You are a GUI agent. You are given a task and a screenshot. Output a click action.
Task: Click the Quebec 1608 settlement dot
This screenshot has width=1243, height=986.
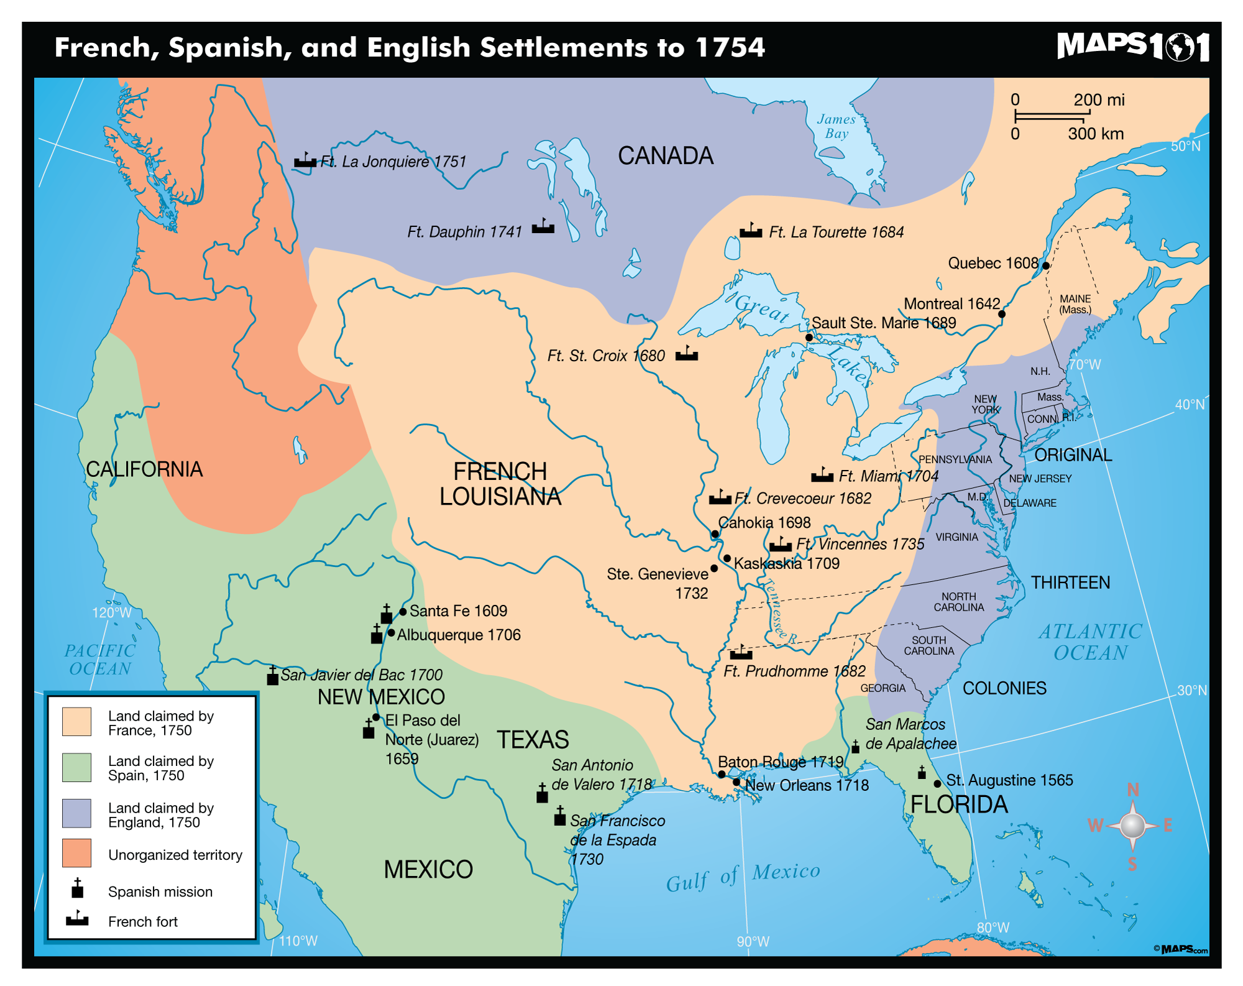1046,265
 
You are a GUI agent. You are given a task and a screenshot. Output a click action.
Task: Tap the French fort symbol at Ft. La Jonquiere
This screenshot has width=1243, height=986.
305,161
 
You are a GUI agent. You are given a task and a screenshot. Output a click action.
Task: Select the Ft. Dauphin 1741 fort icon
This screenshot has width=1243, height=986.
543,227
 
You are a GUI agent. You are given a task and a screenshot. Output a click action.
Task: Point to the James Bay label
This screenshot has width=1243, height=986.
837,126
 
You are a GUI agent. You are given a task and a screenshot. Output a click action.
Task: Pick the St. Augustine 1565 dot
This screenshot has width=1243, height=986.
937,783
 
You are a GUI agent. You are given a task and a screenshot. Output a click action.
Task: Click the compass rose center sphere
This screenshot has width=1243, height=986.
1132,826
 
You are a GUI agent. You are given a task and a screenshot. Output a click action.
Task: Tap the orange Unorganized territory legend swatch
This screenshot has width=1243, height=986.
77,853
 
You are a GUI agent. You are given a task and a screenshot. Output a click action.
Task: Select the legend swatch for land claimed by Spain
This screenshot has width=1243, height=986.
77,767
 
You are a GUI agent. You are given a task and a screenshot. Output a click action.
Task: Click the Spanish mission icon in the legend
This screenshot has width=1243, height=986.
78,888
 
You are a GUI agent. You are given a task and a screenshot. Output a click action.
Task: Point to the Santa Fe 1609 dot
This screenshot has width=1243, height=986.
403,612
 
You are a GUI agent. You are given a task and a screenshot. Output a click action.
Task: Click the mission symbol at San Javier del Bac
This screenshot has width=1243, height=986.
272,676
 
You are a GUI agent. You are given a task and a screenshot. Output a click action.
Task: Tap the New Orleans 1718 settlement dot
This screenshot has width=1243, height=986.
736,782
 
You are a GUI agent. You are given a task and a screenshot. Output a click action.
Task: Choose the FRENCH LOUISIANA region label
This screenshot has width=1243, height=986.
500,484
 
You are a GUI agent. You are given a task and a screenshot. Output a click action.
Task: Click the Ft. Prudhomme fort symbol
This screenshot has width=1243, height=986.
741,653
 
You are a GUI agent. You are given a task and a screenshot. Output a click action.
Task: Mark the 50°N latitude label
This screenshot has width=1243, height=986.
1185,147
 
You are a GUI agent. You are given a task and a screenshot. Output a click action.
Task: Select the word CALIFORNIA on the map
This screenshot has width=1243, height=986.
144,469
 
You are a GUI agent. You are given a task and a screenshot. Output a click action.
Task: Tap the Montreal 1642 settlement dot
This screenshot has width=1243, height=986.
1002,314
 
